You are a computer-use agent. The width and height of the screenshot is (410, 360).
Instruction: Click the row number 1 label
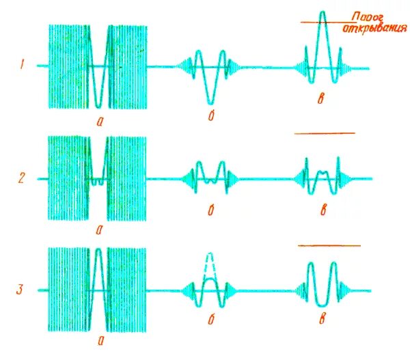[23, 66]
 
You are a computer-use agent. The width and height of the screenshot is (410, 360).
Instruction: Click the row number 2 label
[21, 179]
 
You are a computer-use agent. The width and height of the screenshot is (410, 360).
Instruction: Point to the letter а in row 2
[99, 230]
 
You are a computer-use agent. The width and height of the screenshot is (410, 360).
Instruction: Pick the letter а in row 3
[100, 340]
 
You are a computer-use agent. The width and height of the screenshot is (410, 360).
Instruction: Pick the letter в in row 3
[322, 319]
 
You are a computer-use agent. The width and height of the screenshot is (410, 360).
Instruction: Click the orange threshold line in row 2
[324, 133]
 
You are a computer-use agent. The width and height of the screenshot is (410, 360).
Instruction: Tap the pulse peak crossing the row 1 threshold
[324, 15]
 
